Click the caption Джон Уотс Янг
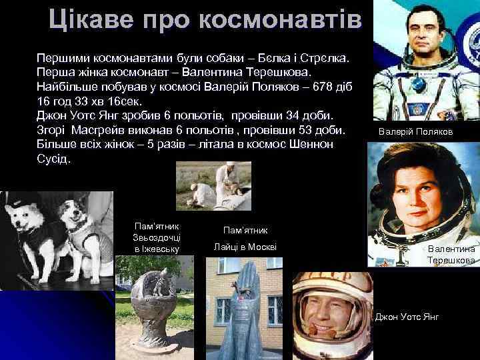pos(407,315)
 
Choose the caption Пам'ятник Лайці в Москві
pos(245,239)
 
